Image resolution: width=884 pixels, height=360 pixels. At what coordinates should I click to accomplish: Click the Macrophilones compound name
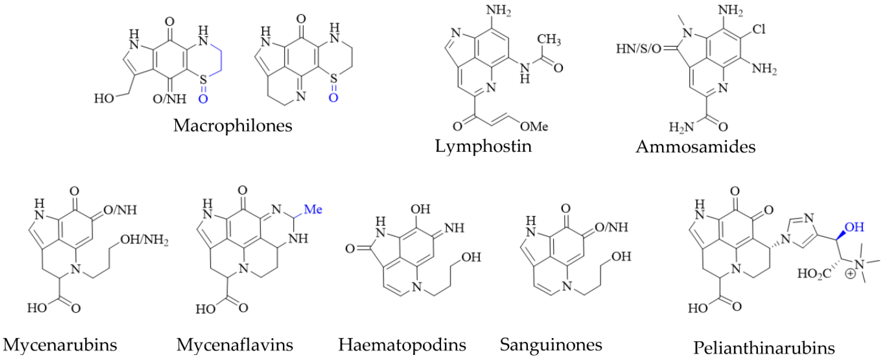tap(233, 126)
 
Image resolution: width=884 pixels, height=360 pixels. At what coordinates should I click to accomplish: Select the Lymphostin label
tap(483, 147)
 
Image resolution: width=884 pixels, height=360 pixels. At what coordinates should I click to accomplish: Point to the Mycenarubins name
tap(60, 345)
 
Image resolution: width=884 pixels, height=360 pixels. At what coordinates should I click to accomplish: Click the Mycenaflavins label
tap(235, 345)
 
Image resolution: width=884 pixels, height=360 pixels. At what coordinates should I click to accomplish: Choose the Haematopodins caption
tap(402, 345)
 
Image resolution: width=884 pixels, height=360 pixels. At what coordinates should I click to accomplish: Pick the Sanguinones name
tap(551, 345)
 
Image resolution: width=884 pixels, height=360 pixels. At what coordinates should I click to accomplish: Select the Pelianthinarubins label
tap(764, 348)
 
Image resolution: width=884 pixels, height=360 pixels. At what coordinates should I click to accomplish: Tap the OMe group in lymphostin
tap(534, 127)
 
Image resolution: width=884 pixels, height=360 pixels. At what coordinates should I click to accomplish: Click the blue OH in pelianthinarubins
tap(854, 227)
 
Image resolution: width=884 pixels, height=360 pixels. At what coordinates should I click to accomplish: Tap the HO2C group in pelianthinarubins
tap(814, 274)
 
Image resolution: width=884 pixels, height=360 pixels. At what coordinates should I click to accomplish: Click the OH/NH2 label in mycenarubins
tap(144, 240)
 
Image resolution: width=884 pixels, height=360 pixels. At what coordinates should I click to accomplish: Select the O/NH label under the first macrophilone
tap(169, 99)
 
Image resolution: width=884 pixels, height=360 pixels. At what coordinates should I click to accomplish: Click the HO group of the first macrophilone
tap(104, 99)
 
